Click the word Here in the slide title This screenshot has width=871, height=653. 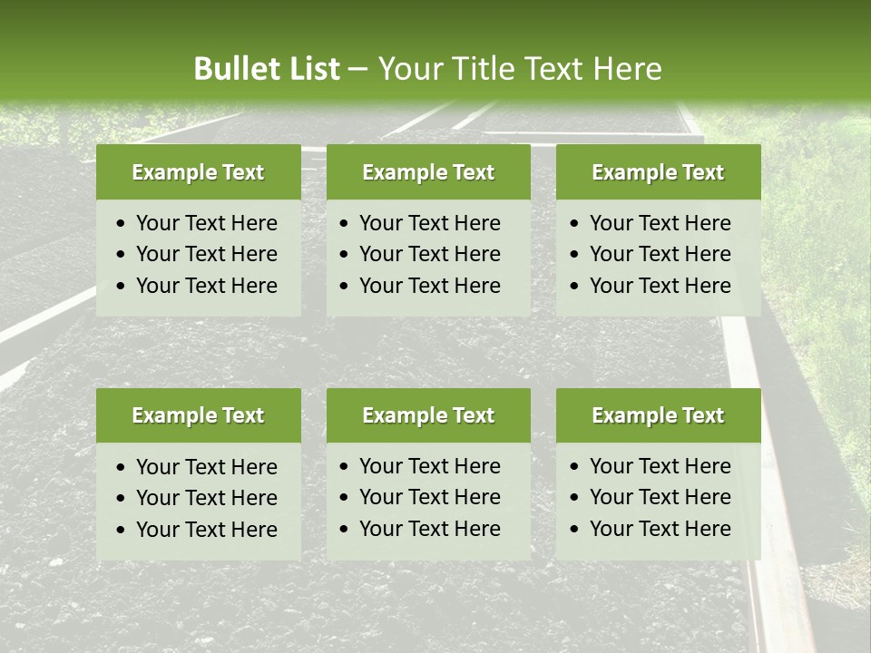pyautogui.click(x=628, y=69)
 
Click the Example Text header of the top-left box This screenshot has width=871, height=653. pyautogui.click(x=198, y=172)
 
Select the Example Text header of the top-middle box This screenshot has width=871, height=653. pyautogui.click(x=428, y=172)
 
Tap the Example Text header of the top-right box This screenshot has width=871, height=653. pyautogui.click(x=658, y=172)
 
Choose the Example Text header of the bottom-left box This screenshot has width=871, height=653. pyautogui.click(x=198, y=415)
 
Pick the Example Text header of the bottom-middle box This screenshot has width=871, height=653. pyautogui.click(x=428, y=415)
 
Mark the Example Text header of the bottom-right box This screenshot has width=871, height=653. pyautogui.click(x=658, y=415)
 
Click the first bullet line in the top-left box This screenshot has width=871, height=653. pyautogui.click(x=206, y=223)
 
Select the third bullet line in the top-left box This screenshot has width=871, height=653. pyautogui.click(x=206, y=286)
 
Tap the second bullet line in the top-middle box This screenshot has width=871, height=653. pyautogui.click(x=429, y=254)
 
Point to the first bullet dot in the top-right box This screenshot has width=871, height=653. pyautogui.click(x=574, y=224)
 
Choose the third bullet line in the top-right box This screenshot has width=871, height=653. pyautogui.click(x=660, y=286)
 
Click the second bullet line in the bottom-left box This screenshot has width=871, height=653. pyautogui.click(x=206, y=498)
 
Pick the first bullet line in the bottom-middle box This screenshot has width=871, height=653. pyautogui.click(x=429, y=466)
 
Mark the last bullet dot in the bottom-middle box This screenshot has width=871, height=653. pyautogui.click(x=344, y=530)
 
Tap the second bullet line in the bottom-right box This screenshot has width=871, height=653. pyautogui.click(x=660, y=497)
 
